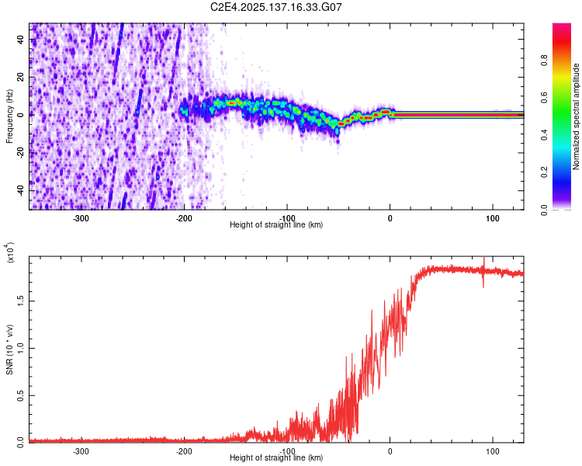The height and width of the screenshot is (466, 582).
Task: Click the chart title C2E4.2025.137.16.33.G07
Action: pyautogui.click(x=276, y=7)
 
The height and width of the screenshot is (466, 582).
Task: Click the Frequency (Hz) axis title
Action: pyautogui.click(x=9, y=116)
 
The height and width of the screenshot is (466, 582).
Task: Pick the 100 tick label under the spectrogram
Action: pyautogui.click(x=493, y=217)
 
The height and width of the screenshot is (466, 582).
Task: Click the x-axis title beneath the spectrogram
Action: pyautogui.click(x=276, y=225)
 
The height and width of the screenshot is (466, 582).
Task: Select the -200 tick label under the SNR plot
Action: pyautogui.click(x=185, y=451)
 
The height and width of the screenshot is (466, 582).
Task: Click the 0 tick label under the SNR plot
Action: pyautogui.click(x=390, y=451)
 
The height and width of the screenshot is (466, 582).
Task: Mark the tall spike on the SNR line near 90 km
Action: pyautogui.click(x=483, y=264)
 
